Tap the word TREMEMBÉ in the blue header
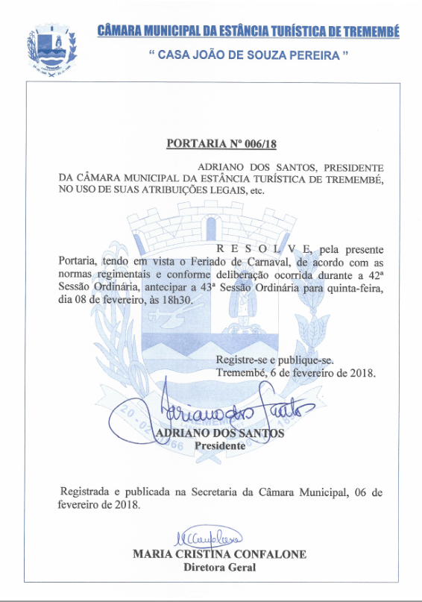click(x=370, y=31)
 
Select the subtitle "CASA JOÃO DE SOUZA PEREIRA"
click(x=249, y=54)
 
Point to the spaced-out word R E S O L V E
click(x=265, y=248)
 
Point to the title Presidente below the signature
click(x=219, y=445)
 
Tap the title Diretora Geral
click(x=219, y=567)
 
